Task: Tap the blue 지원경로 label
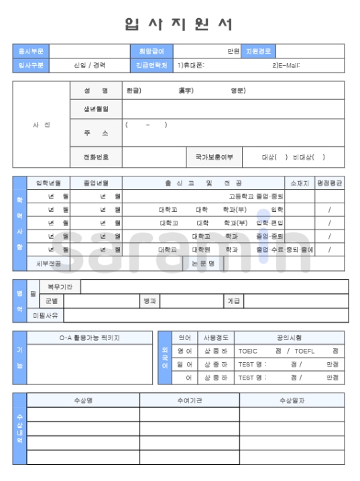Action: (259, 50)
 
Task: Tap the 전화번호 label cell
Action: (96, 158)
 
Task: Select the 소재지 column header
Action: (298, 182)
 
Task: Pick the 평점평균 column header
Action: (329, 182)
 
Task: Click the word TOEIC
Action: (249, 351)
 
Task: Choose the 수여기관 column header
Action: (190, 400)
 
